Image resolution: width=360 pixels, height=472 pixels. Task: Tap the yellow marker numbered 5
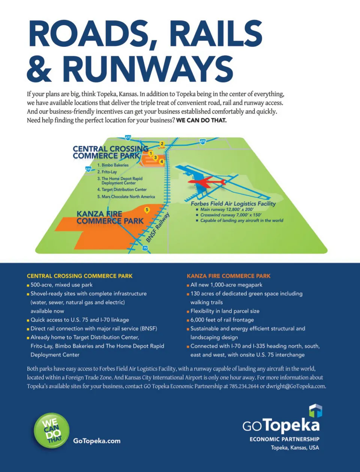coord(147,210)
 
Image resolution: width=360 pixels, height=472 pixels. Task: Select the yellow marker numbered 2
coord(162,144)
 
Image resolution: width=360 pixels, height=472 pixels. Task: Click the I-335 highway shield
coord(88,169)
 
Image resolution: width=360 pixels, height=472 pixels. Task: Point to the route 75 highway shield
coord(145,248)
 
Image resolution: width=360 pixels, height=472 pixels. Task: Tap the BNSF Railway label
coord(158,228)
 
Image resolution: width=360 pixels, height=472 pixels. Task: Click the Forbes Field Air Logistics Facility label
coord(233,203)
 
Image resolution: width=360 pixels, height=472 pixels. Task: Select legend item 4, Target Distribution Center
coord(122,190)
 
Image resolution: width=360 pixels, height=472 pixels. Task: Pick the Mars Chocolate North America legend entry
coord(126,197)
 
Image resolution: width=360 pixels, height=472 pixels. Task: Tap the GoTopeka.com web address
coord(97,441)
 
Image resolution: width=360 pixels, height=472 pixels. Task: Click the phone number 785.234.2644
coord(244,386)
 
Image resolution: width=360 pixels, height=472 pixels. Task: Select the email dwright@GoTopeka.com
coord(295,386)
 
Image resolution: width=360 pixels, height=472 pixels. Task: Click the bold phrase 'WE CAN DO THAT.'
coord(201,120)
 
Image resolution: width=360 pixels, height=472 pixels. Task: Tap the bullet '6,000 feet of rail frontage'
coord(222,320)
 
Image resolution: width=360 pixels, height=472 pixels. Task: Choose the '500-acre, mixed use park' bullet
coord(61,285)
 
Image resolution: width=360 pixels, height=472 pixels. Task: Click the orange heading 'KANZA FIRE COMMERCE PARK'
coord(228,276)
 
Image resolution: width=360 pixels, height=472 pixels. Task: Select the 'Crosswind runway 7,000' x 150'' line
coord(231,215)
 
